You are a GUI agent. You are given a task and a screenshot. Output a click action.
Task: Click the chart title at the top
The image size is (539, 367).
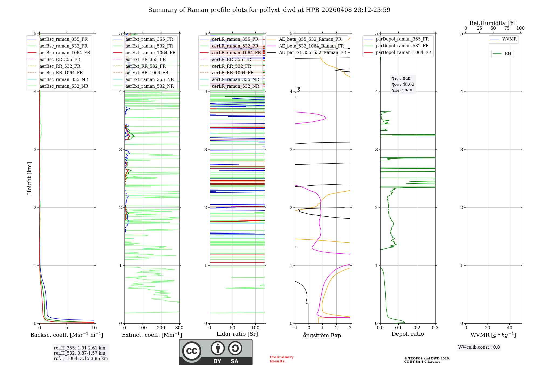click(269, 10)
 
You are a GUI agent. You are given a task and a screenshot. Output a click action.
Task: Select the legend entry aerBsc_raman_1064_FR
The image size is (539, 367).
click(65, 53)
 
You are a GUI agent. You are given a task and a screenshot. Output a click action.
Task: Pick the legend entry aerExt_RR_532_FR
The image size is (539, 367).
click(146, 66)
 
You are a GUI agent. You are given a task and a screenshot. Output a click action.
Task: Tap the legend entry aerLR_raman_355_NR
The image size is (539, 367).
click(236, 79)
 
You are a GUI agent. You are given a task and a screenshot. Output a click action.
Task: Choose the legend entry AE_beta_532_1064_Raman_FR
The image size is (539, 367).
click(311, 46)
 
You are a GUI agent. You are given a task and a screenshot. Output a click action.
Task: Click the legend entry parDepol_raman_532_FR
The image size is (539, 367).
click(402, 46)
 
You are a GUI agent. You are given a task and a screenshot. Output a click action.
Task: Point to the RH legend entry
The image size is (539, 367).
click(508, 54)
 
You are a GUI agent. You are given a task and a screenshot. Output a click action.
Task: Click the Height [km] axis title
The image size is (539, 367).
click(29, 178)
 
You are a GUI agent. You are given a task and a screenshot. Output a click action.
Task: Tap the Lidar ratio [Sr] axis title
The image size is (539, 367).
click(237, 334)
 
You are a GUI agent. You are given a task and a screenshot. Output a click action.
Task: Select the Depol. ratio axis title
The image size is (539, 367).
click(407, 334)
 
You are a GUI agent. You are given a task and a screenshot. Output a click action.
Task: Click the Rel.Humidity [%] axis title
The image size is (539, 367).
click(493, 23)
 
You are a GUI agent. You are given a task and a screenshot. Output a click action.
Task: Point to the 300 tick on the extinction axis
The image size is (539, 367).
click(179, 328)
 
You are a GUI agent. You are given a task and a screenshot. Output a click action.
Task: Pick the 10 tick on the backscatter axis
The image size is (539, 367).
click(94, 328)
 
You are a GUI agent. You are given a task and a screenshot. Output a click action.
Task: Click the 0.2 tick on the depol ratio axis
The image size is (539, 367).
click(417, 328)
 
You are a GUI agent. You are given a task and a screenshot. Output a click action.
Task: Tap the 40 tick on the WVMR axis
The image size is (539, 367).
click(509, 328)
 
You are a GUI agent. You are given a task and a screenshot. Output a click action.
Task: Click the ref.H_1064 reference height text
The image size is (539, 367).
click(81, 358)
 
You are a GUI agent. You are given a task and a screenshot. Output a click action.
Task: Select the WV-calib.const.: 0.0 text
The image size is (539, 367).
click(479, 347)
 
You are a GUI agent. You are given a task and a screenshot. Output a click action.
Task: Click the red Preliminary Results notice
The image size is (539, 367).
click(281, 359)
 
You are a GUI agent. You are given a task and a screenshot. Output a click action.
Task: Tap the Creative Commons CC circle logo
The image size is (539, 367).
click(192, 351)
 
